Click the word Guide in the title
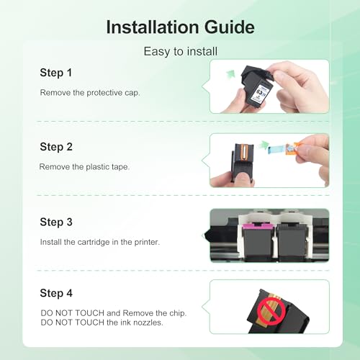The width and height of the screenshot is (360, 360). (229, 27)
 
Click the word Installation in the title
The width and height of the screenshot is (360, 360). (153, 27)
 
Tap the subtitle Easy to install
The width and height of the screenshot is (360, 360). (181, 52)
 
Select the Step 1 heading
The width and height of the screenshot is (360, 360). (56, 73)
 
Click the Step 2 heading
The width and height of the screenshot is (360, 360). (56, 147)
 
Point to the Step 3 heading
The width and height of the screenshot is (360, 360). (56, 222)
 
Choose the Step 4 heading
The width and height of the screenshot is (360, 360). (56, 293)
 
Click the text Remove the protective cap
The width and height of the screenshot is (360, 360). (90, 93)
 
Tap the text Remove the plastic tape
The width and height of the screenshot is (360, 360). (84, 167)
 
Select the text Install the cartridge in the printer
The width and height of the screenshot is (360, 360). (100, 242)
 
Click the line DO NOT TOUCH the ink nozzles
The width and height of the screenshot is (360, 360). (102, 323)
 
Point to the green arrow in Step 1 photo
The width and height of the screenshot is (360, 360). (230, 73)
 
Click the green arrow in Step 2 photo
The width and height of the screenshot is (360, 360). (264, 145)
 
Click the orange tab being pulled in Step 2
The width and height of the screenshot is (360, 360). (295, 149)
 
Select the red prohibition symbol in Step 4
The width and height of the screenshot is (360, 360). (271, 310)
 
